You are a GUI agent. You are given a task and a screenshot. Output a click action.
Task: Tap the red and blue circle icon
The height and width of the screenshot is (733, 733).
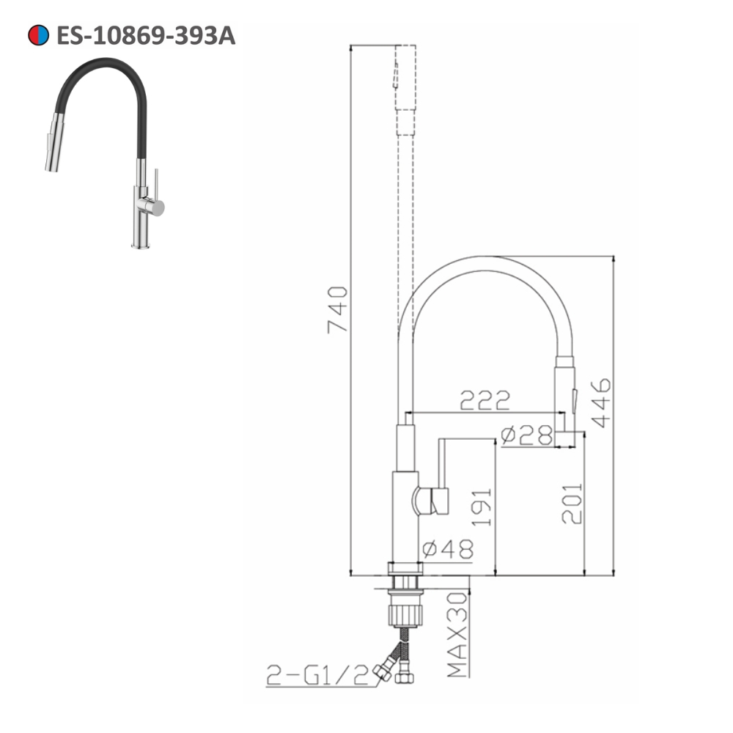click(x=39, y=35)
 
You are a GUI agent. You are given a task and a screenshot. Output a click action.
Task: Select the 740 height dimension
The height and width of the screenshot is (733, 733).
click(x=338, y=309)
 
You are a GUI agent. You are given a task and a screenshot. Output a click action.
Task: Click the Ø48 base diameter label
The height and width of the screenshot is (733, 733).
click(x=449, y=548)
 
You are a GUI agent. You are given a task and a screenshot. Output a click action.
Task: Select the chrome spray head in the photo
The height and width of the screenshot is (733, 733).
click(x=52, y=143)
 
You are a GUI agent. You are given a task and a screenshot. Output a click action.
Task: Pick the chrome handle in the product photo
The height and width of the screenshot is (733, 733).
click(x=154, y=207)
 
